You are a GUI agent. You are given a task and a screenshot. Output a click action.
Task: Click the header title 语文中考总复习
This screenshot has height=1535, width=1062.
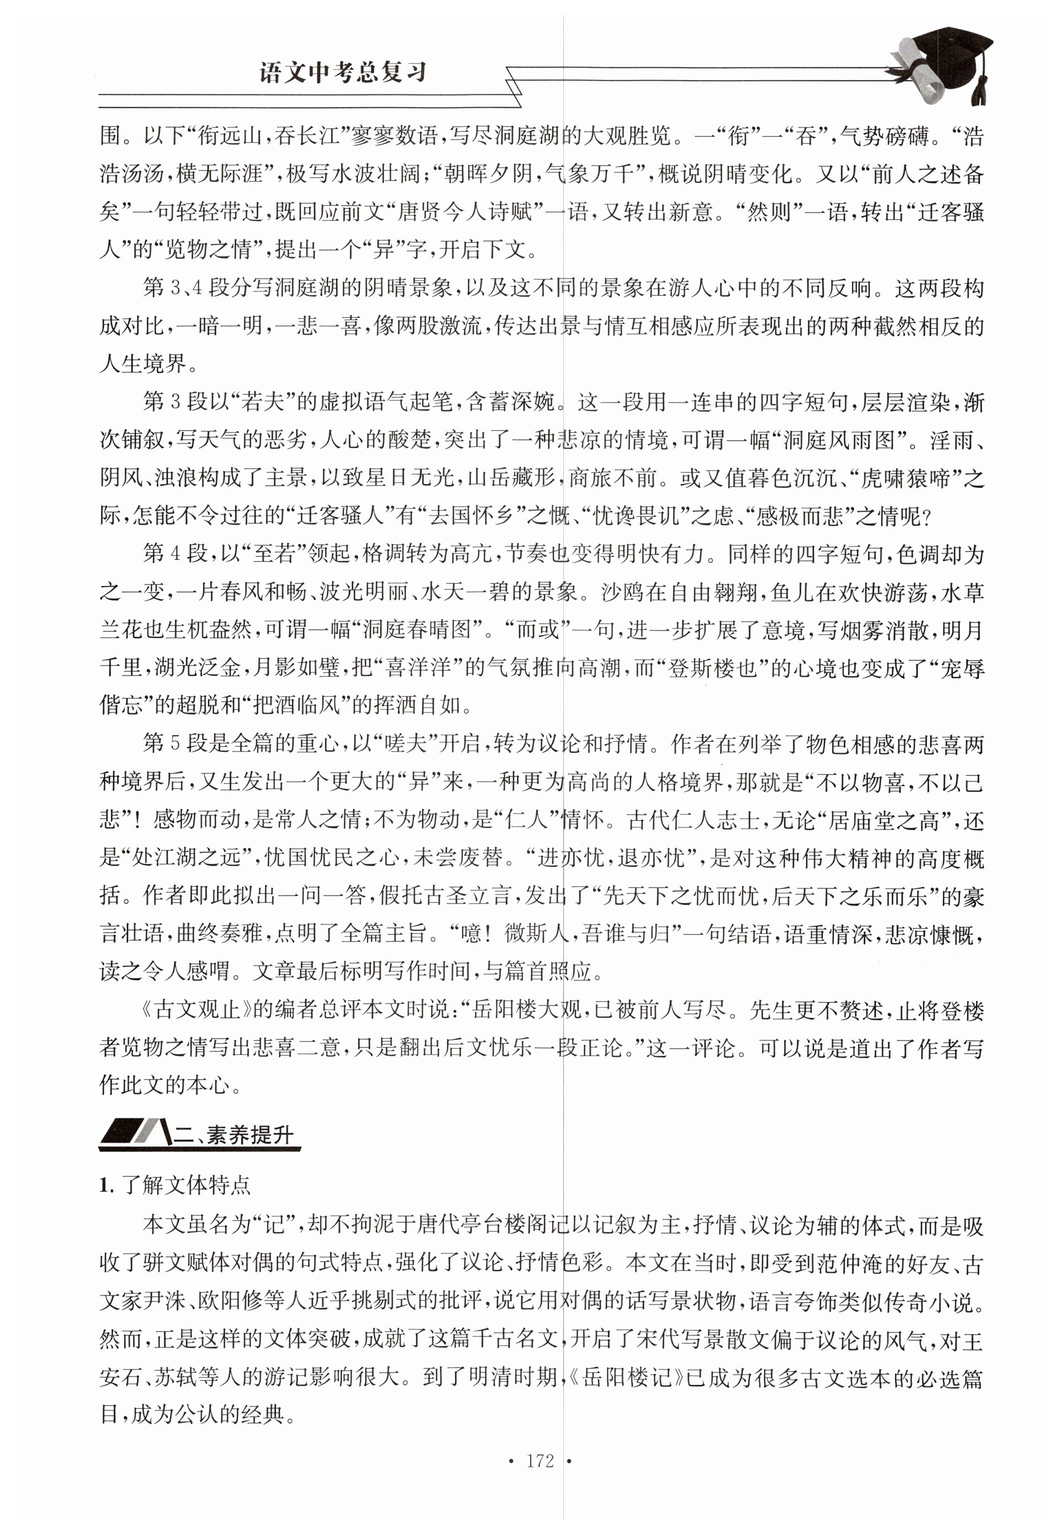click(x=342, y=72)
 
